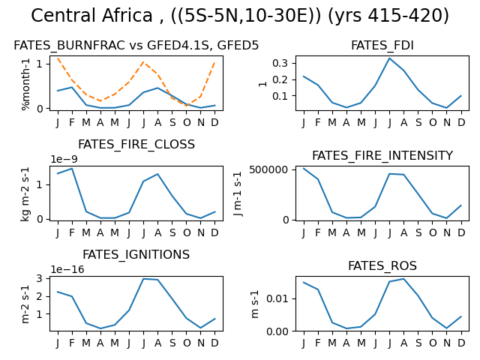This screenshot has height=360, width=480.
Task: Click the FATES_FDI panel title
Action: [x=382, y=45]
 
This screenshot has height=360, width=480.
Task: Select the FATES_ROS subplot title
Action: [x=382, y=265]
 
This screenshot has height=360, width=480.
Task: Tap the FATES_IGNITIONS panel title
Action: [x=136, y=255]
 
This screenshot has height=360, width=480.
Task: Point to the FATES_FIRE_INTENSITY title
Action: [x=382, y=155]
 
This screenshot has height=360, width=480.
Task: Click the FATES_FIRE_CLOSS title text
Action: [x=136, y=145]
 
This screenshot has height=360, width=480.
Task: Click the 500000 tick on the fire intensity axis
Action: [x=268, y=169]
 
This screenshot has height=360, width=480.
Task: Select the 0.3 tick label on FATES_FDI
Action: [x=280, y=63]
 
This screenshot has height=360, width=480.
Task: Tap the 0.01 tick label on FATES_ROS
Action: [x=277, y=298]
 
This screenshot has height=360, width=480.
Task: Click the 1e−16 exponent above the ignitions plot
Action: [x=67, y=269]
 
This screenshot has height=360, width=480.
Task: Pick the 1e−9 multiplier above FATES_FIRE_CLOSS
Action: [x=64, y=159]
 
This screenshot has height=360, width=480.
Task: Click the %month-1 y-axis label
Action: [x=25, y=84]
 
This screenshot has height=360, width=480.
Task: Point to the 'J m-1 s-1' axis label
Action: [x=238, y=193]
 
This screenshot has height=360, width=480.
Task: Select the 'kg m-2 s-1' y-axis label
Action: [x=25, y=194]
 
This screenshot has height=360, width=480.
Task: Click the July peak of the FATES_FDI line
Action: [x=390, y=58]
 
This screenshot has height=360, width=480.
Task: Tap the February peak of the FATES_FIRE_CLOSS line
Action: [x=72, y=168]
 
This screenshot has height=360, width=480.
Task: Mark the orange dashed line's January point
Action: [x=58, y=58]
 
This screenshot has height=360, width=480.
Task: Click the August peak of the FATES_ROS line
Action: [x=404, y=279]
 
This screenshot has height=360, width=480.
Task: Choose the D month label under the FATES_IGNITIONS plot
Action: [x=215, y=343]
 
